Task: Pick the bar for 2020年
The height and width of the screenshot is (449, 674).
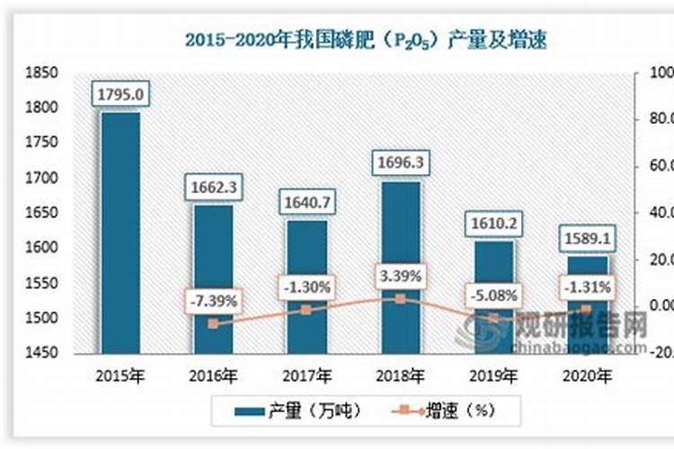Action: click(x=589, y=305)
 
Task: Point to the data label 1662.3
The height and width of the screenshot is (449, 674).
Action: click(x=213, y=188)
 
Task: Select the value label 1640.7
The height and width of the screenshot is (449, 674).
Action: click(x=307, y=203)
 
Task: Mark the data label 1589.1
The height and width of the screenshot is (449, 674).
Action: click(x=589, y=239)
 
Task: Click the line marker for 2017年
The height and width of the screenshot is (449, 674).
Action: click(x=307, y=310)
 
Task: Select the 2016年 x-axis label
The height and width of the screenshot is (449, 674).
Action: click(x=213, y=374)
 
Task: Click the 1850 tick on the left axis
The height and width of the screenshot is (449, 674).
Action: click(x=43, y=74)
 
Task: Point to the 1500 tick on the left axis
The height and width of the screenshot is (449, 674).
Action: click(x=43, y=318)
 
